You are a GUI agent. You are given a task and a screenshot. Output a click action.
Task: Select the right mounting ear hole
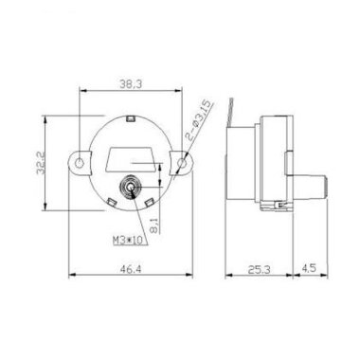tap(184, 166)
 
